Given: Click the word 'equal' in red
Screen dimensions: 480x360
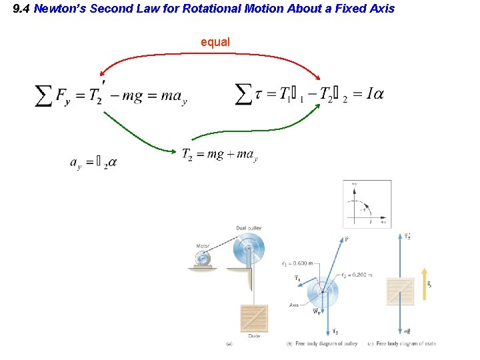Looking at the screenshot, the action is (x=215, y=42).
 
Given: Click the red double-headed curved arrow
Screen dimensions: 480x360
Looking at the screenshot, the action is (x=211, y=55).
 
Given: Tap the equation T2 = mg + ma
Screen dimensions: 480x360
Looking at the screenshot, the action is (x=219, y=155).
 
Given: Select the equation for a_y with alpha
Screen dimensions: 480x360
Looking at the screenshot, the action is (x=93, y=162).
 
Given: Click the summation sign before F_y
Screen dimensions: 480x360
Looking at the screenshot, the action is (x=44, y=97).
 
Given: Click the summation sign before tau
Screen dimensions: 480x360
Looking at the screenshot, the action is (x=245, y=94).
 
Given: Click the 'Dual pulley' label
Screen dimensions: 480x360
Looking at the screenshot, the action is (x=248, y=228).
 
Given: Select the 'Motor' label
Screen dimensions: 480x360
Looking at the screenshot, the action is (x=203, y=246).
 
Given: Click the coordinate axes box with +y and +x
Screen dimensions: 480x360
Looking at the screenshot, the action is (x=367, y=203).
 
